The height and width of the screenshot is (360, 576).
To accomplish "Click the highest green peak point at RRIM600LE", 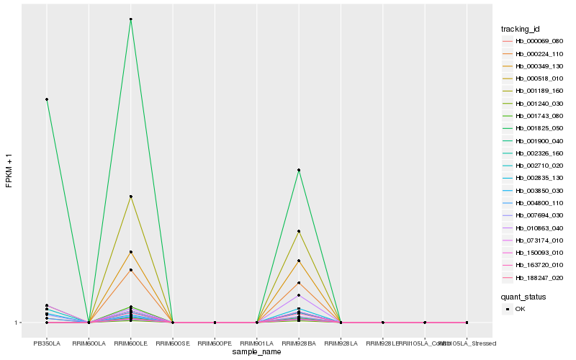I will [x=130, y=19].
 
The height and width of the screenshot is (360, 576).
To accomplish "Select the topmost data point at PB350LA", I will [x=47, y=99].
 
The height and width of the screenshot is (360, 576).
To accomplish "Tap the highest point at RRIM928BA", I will [x=299, y=170].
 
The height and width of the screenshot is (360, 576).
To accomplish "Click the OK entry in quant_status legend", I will [x=520, y=308].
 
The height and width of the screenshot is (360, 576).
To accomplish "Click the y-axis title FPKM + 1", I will [x=9, y=170].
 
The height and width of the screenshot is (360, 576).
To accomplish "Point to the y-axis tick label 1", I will [x=17, y=323].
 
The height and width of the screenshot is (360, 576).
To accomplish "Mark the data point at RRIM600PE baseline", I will [x=215, y=323].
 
